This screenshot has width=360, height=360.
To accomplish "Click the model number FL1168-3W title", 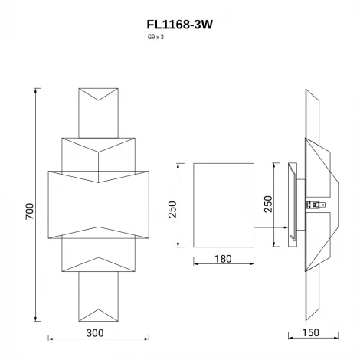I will (x=179, y=24).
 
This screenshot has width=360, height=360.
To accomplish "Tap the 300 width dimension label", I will (x=94, y=333).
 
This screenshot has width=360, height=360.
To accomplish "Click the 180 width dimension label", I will (x=223, y=259).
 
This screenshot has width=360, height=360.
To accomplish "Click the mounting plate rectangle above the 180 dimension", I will (x=223, y=204).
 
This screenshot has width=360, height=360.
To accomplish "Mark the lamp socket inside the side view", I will (x=313, y=204).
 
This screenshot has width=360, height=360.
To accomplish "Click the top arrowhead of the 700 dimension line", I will (x=36, y=90).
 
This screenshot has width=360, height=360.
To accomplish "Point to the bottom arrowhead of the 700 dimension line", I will (x=36, y=319).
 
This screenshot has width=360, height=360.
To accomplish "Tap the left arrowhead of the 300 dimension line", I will (x=50, y=339).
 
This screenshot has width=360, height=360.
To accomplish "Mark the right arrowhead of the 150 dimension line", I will (x=339, y=339).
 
